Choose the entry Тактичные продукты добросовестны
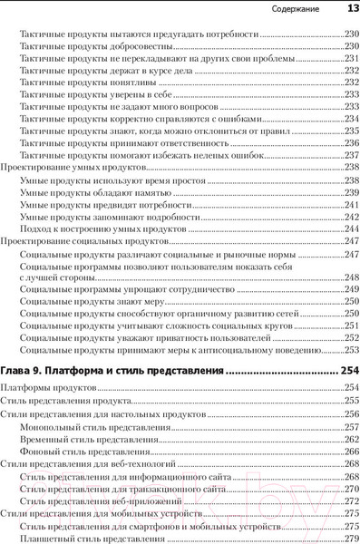(x=95, y=45)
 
